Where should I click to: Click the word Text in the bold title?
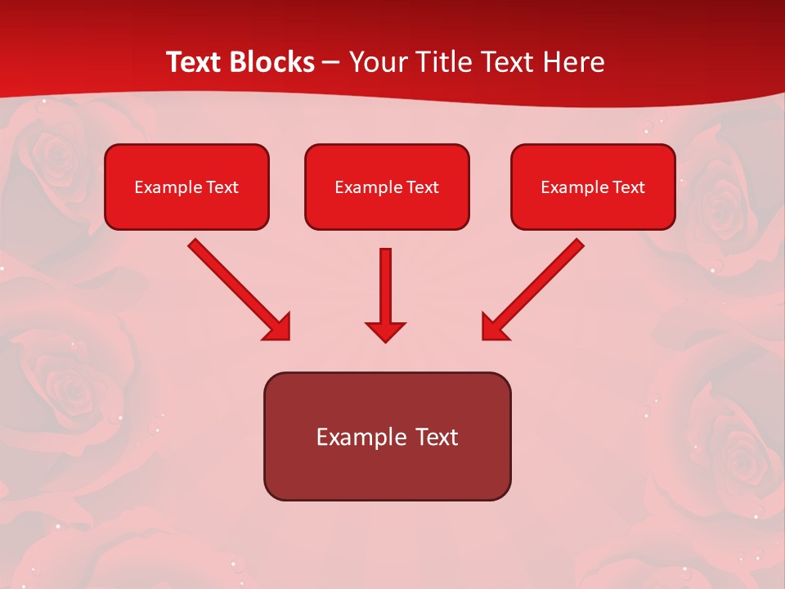pyautogui.click(x=196, y=62)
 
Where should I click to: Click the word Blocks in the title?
pyautogui.click(x=273, y=62)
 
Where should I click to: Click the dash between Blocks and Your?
pyautogui.click(x=331, y=63)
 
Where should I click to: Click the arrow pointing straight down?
pyautogui.click(x=386, y=286)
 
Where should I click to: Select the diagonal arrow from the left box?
pyautogui.click(x=233, y=283)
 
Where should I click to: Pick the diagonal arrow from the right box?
pyautogui.click(x=540, y=283)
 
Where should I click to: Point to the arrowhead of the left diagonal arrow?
pyautogui.click(x=278, y=327)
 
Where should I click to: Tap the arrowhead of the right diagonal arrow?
pyautogui.click(x=494, y=327)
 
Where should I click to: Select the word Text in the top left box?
pyautogui.click(x=222, y=187)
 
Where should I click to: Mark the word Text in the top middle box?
pyautogui.click(x=423, y=187)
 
